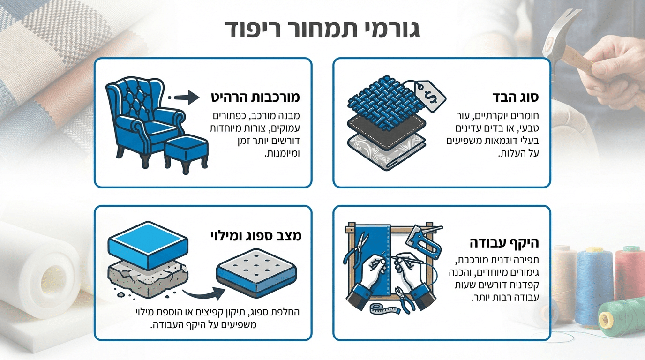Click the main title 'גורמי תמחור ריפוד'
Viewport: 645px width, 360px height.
click(322, 29)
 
